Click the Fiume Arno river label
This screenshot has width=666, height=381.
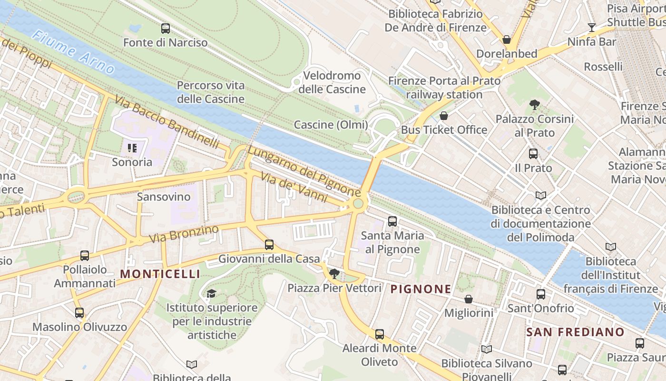tap(74, 52)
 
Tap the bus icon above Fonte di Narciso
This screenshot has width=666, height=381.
tap(166, 29)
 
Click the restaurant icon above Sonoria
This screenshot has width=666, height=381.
tap(132, 148)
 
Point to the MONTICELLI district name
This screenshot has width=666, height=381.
tap(160, 274)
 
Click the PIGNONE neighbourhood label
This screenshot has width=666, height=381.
tap(421, 289)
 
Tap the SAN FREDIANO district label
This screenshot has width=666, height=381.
tap(575, 332)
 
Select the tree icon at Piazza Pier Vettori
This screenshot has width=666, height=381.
tap(334, 274)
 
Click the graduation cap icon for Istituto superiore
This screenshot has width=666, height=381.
tap(211, 293)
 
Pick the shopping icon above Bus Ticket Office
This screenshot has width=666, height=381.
tap(444, 116)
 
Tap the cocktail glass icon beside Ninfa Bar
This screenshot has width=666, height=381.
tap(592, 28)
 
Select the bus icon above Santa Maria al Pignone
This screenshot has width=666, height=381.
tap(392, 221)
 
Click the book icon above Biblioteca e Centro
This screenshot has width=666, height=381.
tap(541, 195)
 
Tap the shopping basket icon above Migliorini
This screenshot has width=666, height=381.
tap(469, 299)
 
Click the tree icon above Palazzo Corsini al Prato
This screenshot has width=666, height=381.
tap(535, 104)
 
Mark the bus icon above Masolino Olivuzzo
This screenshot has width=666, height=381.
tap(79, 313)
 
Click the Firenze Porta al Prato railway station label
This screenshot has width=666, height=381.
tap(444, 88)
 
